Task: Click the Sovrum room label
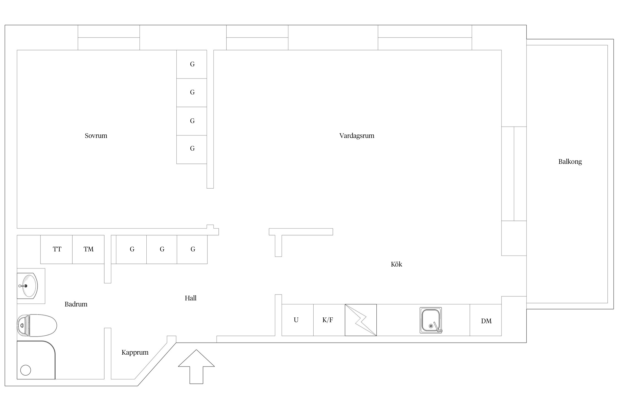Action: coord(96,135)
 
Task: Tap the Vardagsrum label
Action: coord(357,135)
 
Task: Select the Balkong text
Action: coord(570,162)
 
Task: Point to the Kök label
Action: coord(396,264)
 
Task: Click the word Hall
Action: coord(190,298)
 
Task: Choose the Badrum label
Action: coord(76,304)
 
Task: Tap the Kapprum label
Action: coord(135,352)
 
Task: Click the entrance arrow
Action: coord(196,367)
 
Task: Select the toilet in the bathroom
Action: coord(37,325)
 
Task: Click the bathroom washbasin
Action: coord(27,286)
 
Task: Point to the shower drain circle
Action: coord(26,370)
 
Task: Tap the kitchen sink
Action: coord(431,320)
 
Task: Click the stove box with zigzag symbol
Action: coord(361,320)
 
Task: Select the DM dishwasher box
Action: coord(486,320)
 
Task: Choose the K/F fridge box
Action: coord(329,320)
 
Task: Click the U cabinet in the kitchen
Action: coord(297,320)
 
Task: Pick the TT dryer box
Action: coord(56,249)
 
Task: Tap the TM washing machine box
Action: coord(88,249)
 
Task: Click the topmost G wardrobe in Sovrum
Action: coord(191,64)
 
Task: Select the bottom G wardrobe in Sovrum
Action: coord(191,150)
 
